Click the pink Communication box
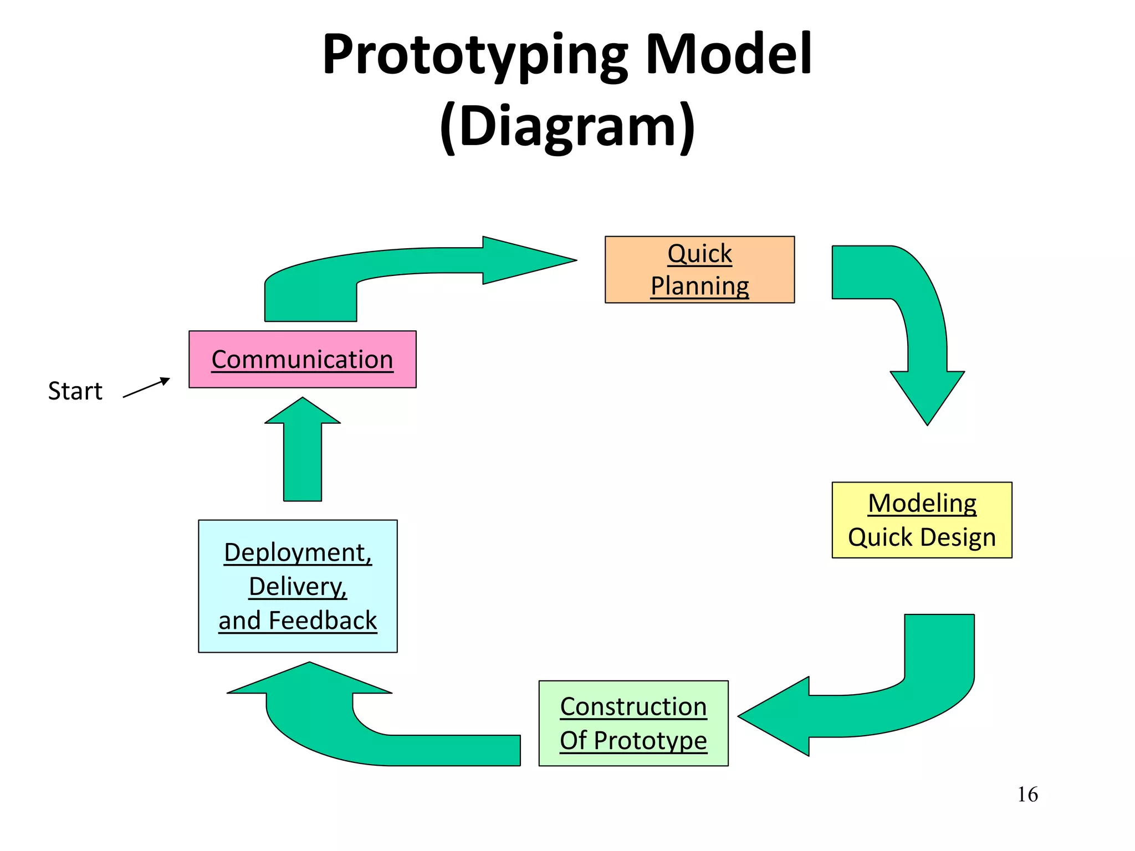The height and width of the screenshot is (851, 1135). (302, 359)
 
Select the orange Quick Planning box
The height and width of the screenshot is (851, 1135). (699, 269)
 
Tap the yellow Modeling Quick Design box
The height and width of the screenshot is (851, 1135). (922, 520)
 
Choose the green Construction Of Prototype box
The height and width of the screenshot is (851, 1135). (633, 723)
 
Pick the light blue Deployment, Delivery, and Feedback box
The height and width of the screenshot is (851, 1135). (298, 586)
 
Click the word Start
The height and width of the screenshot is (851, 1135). (75, 391)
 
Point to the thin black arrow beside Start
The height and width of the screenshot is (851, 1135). (146, 388)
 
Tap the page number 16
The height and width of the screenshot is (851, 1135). (1027, 794)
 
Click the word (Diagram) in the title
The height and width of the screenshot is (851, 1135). (567, 126)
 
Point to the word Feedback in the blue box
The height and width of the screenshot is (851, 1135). (323, 621)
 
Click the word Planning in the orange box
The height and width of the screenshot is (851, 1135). (699, 286)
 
